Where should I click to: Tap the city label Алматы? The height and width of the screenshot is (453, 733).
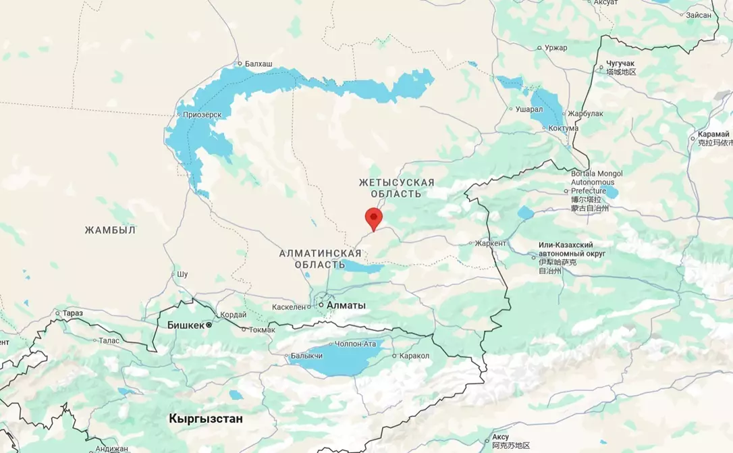[x=346, y=306]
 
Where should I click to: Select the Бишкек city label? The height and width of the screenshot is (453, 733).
[x=185, y=325]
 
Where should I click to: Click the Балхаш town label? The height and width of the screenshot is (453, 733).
[x=259, y=63]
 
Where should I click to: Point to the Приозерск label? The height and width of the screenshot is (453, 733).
[x=202, y=115]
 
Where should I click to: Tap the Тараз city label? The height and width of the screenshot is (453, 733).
[x=72, y=313]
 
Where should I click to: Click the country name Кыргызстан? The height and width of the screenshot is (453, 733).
[x=206, y=419]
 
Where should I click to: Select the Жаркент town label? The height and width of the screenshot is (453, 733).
[x=490, y=243]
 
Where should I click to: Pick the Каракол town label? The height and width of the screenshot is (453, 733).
[x=414, y=356]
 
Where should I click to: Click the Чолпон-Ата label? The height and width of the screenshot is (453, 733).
[x=355, y=344]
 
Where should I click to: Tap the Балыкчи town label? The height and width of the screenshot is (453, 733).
[x=306, y=356]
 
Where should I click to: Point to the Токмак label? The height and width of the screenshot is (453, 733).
[x=262, y=329]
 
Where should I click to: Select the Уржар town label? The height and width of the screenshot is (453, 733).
[x=556, y=48]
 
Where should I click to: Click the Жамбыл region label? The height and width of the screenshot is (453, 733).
[x=110, y=230]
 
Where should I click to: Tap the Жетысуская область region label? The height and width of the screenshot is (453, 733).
[x=397, y=188]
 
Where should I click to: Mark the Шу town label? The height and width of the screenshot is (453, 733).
[x=182, y=274]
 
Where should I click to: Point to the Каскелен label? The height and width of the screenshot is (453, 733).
[x=289, y=307]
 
